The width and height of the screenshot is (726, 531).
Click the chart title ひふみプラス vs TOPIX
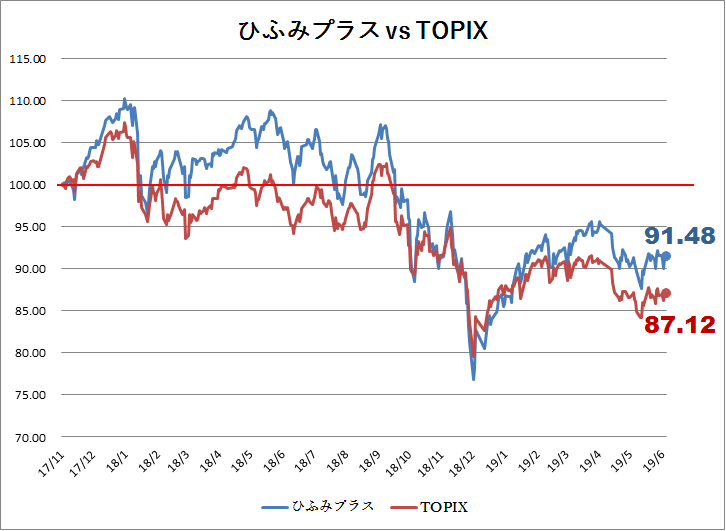363,31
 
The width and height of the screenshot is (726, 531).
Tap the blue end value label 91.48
680,236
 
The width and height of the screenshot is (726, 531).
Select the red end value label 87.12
680,325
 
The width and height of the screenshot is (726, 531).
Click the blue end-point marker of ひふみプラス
666,256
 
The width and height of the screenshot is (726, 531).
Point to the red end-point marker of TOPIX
666,293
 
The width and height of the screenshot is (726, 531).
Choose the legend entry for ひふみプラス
318,506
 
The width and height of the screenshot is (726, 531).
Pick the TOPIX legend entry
430,507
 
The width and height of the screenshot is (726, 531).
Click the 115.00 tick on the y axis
27,59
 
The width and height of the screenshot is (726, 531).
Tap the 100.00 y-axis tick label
27,185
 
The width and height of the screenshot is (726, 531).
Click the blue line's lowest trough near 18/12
474,380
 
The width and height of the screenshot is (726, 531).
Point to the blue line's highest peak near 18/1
124,99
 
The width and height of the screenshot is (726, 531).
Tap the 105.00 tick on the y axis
27,143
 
